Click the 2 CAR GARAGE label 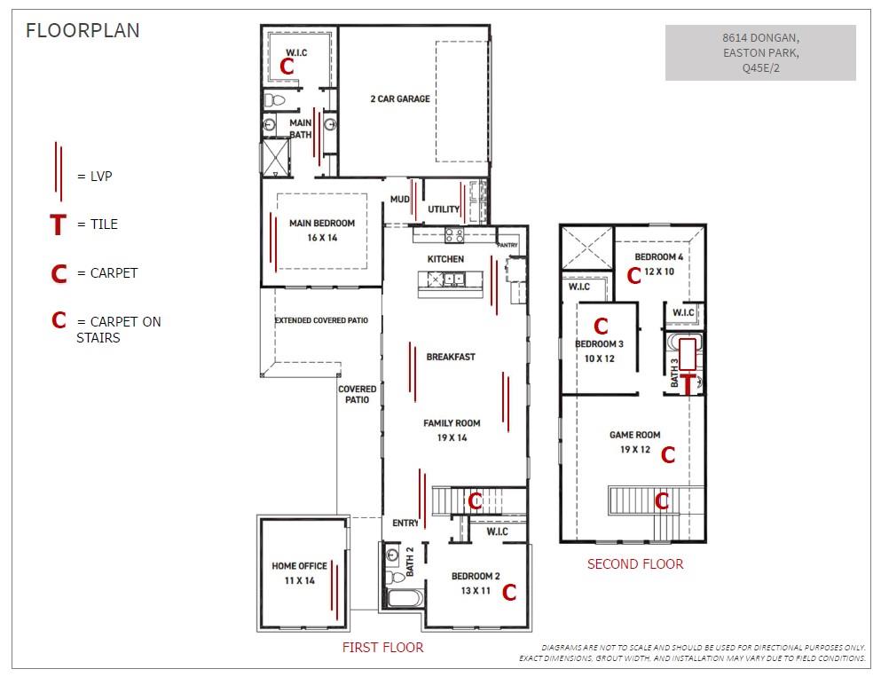point(400,98)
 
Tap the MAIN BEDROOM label point(322,223)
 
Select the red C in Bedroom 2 point(509,592)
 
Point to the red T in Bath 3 point(688,384)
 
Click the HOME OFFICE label point(300,566)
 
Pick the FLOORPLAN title point(83,30)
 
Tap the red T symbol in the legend point(58,224)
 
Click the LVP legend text point(101,177)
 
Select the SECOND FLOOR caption point(635,564)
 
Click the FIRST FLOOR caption point(382,647)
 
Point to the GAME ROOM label point(635,435)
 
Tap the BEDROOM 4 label point(658,256)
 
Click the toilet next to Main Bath point(275,100)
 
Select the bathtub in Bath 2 point(405,598)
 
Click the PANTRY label point(507,245)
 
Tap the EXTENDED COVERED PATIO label point(321,320)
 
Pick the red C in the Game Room point(668,454)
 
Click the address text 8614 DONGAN point(760,37)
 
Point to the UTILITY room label point(444,209)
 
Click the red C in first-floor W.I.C point(287,67)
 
